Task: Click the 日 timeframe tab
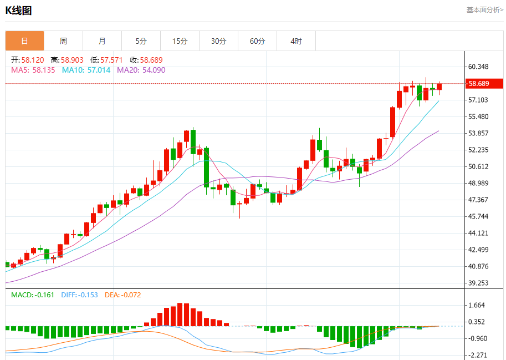pyautogui.click(x=24, y=41)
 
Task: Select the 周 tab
pyautogui.click(x=63, y=41)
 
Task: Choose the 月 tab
pyautogui.click(x=102, y=41)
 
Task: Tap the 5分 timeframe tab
pyautogui.click(x=141, y=41)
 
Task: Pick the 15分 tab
pyautogui.click(x=180, y=41)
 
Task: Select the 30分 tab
pyautogui.click(x=218, y=41)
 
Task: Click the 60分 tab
pyautogui.click(x=257, y=41)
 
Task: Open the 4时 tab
pyautogui.click(x=296, y=41)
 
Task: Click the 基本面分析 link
pyautogui.click(x=484, y=9)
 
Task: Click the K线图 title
pyautogui.click(x=18, y=10)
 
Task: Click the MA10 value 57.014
pyautogui.click(x=98, y=70)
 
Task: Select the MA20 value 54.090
pyautogui.click(x=153, y=70)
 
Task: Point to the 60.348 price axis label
pyautogui.click(x=479, y=67)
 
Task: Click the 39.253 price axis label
pyautogui.click(x=479, y=283)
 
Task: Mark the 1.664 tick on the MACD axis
pyautogui.click(x=477, y=305)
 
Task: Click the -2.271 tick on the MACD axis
pyautogui.click(x=477, y=355)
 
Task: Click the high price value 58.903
pyautogui.click(x=71, y=60)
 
